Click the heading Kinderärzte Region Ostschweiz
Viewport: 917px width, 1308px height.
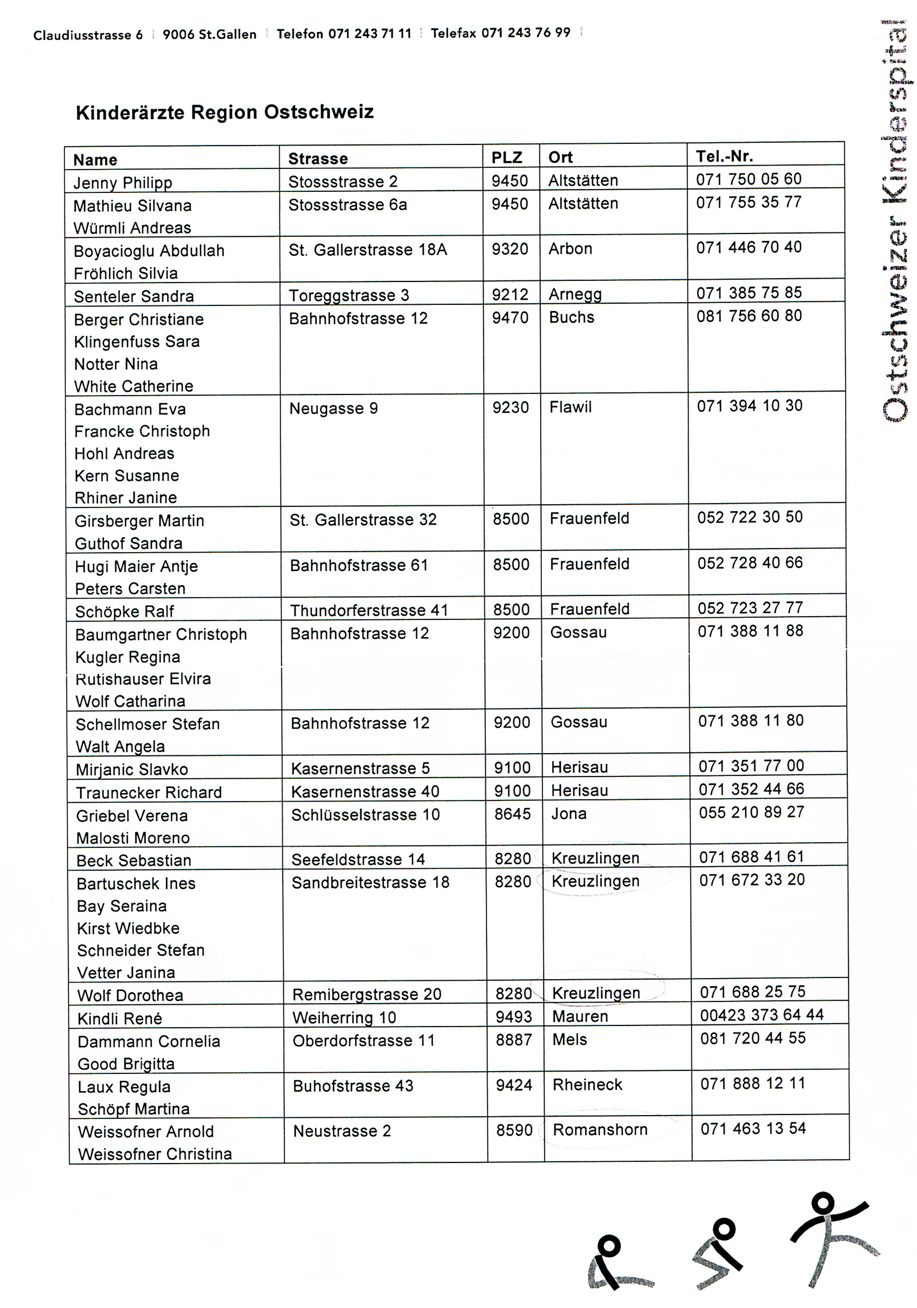pyautogui.click(x=224, y=112)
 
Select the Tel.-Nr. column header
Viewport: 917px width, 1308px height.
pyautogui.click(x=724, y=156)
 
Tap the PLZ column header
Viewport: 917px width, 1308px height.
pyautogui.click(x=506, y=158)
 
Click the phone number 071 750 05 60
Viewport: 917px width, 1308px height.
pyautogui.click(x=749, y=179)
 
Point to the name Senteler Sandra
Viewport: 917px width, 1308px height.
pyautogui.click(x=134, y=296)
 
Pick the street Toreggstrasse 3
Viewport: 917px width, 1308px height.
pyautogui.click(x=348, y=295)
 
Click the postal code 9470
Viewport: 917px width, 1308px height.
pyautogui.click(x=510, y=317)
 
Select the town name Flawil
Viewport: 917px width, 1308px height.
pyautogui.click(x=570, y=407)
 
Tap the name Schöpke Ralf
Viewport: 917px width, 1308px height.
pyautogui.click(x=124, y=611)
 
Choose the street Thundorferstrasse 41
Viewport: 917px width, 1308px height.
pyautogui.click(x=369, y=610)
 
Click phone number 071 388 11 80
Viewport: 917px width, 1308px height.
pyautogui.click(x=750, y=721)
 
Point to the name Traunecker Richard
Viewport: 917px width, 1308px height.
pyautogui.click(x=148, y=792)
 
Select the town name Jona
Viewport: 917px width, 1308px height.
pyautogui.click(x=569, y=813)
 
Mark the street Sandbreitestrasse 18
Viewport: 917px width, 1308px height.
pyautogui.click(x=370, y=882)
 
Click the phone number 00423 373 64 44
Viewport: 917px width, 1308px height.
pyautogui.click(x=762, y=1015)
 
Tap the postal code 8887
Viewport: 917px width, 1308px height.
pyautogui.click(x=513, y=1040)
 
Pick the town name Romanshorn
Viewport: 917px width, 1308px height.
pyautogui.click(x=600, y=1129)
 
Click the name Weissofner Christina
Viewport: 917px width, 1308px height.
pyautogui.click(x=155, y=1154)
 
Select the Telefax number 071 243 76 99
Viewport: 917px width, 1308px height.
pyautogui.click(x=525, y=33)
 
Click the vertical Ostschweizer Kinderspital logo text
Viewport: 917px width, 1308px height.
pyautogui.click(x=893, y=223)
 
